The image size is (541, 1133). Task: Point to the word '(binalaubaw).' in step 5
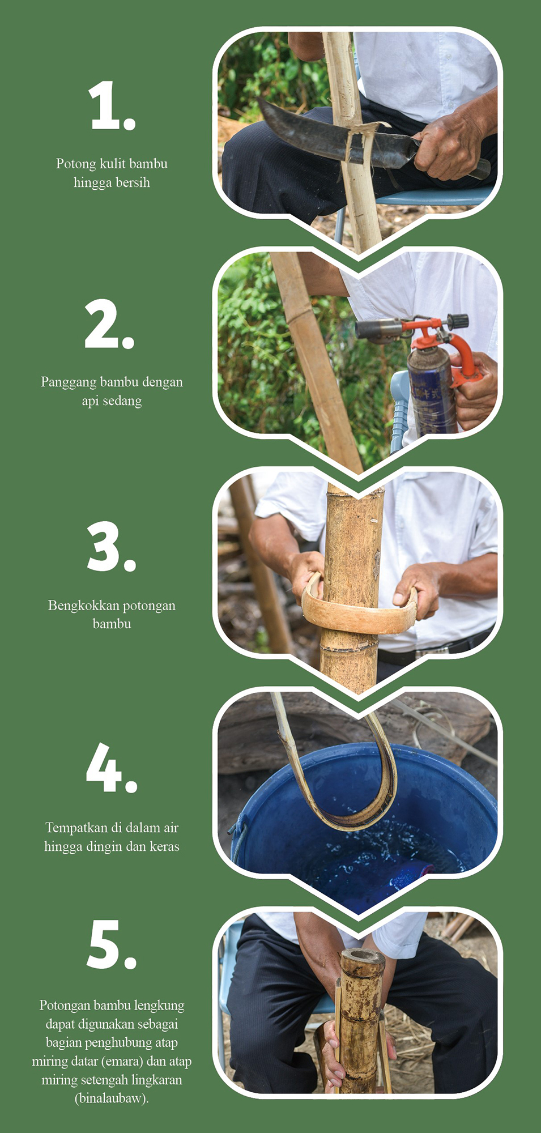click(112, 1098)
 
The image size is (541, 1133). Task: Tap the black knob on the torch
click(457, 321)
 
